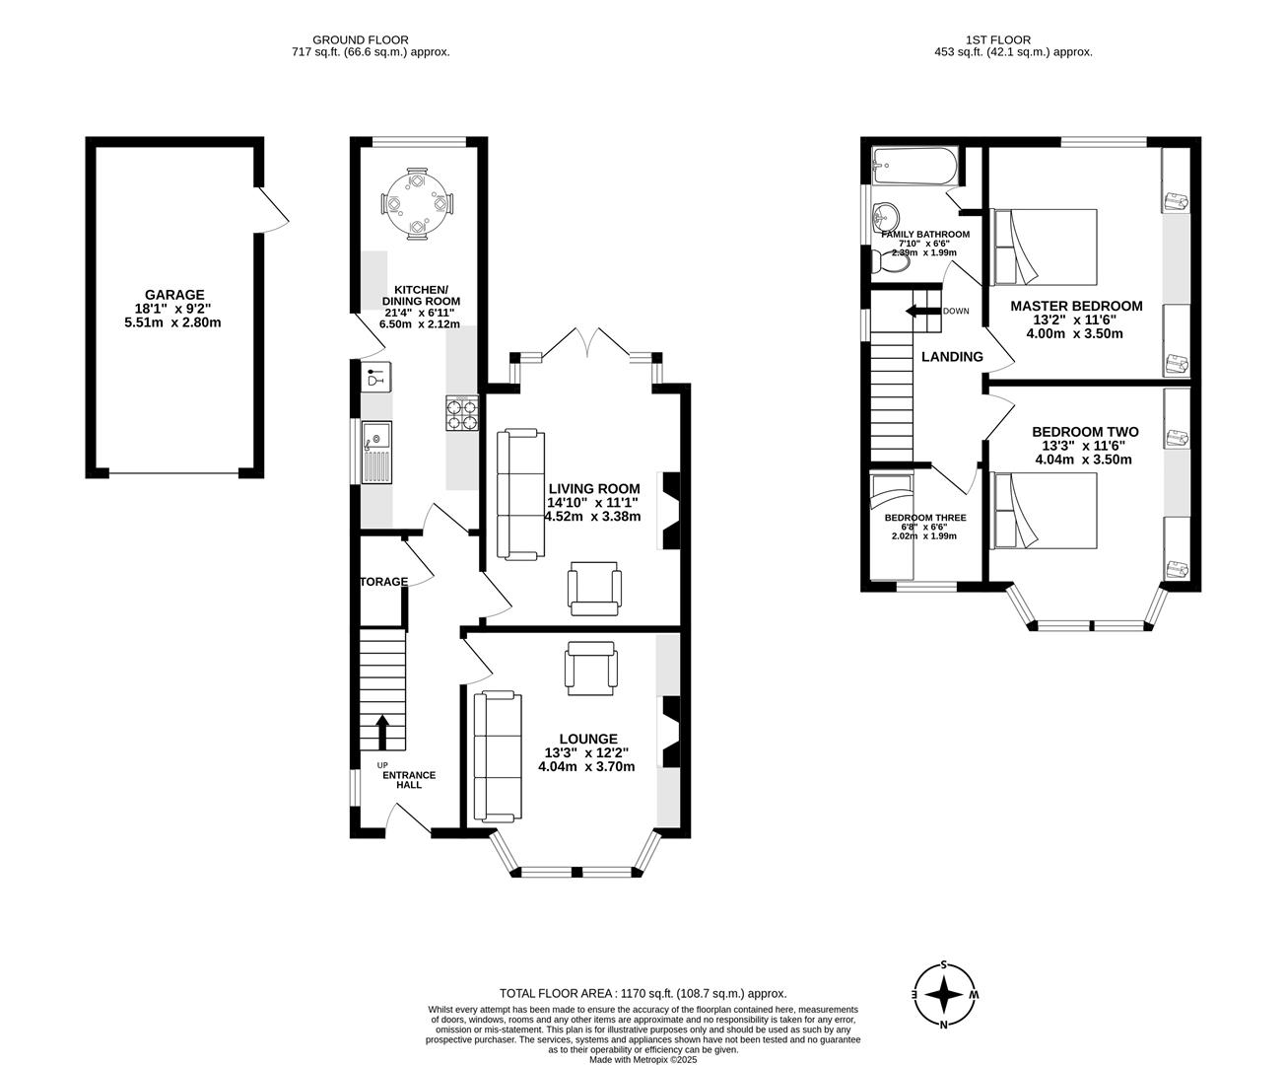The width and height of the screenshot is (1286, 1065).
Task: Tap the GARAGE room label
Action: [174, 295]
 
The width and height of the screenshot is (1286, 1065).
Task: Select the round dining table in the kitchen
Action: [418, 203]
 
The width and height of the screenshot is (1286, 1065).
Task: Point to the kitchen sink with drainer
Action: [376, 451]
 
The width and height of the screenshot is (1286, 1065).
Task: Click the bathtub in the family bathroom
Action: [914, 166]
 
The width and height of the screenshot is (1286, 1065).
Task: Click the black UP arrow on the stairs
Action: [382, 733]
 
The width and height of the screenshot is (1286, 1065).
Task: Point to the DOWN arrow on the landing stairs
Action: [922, 312]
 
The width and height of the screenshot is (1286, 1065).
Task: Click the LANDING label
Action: [952, 357]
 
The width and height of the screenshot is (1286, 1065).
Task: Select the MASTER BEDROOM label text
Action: [1076, 306]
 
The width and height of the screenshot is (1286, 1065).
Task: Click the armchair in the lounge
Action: [591, 668]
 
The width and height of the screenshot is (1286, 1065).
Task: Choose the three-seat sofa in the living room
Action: [519, 494]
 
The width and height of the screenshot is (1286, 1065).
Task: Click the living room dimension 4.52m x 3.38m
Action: [593, 516]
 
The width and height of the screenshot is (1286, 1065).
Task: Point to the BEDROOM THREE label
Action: [924, 518]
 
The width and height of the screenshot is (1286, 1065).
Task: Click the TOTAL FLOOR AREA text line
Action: [643, 994]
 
